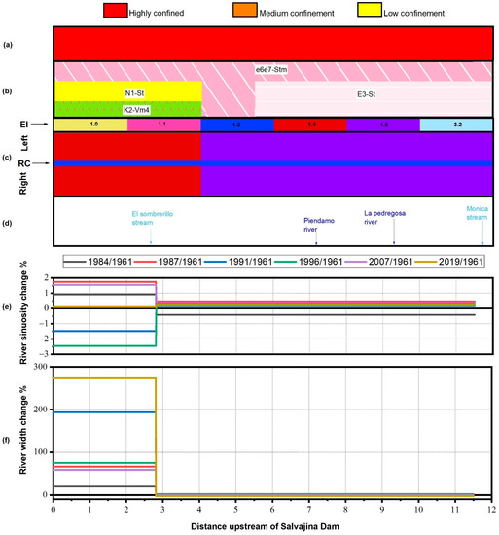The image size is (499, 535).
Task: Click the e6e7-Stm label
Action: coord(274,70)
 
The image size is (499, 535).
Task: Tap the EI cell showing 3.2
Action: coord(455,125)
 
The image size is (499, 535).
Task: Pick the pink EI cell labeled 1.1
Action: coord(163,125)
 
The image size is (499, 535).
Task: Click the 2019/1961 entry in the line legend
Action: coord(455,262)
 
